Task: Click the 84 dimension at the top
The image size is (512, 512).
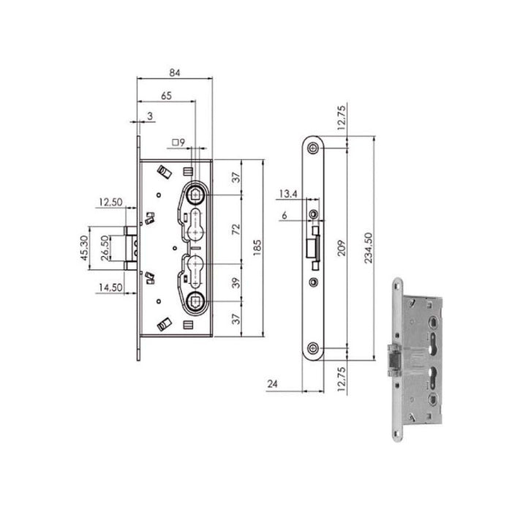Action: coord(175,72)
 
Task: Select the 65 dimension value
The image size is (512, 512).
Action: coord(166,96)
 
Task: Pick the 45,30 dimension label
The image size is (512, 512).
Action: coord(84,249)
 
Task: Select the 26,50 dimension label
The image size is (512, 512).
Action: coord(105,249)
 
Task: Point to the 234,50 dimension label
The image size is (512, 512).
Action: coord(378,248)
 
